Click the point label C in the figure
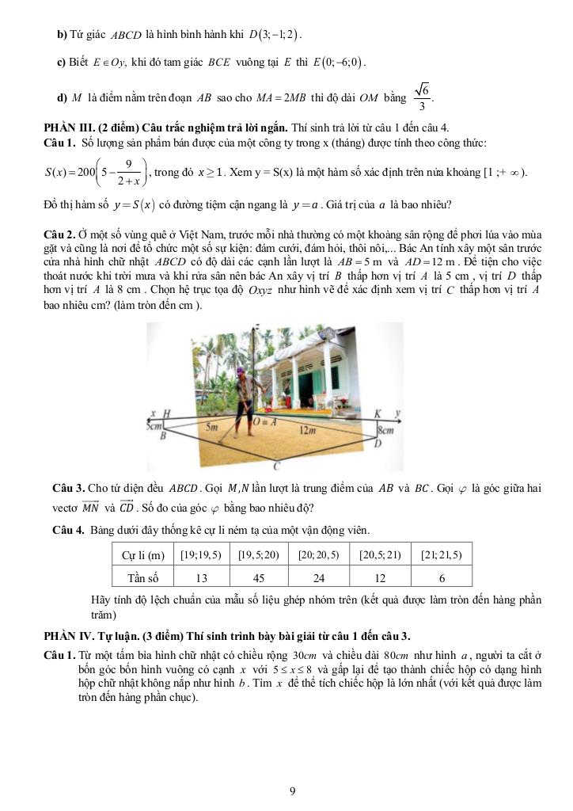pos(276,466)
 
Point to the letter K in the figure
pos(377,414)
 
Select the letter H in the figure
pos(165,414)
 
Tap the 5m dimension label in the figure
pos(212,426)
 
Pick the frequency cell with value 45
pos(259,577)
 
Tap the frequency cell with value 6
pos(442,577)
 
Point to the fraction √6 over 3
pos(423,97)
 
